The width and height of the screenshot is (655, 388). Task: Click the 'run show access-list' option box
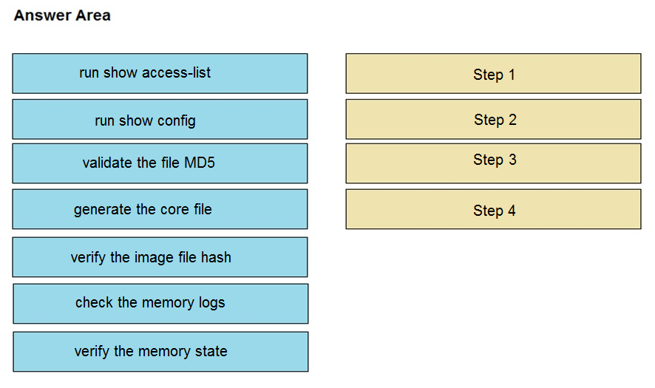point(160,73)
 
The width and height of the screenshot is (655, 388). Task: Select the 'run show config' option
point(160,120)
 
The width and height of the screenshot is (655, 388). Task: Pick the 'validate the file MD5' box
point(160,164)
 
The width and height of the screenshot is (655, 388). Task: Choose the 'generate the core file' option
point(160,209)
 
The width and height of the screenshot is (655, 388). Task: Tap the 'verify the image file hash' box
point(160,257)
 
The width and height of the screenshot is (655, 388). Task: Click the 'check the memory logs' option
point(160,304)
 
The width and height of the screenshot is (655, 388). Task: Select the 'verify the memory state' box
point(160,352)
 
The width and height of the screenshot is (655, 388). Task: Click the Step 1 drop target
point(493,73)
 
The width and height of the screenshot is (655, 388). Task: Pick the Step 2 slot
point(493,120)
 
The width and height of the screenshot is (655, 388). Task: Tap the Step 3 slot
point(493,164)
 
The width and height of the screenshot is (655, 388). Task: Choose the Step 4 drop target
point(493,209)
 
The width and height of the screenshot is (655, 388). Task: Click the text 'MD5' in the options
point(200,163)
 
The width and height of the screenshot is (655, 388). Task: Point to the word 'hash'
point(216,257)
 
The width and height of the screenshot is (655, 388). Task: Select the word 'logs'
point(211,303)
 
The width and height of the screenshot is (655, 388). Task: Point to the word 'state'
point(211,351)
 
